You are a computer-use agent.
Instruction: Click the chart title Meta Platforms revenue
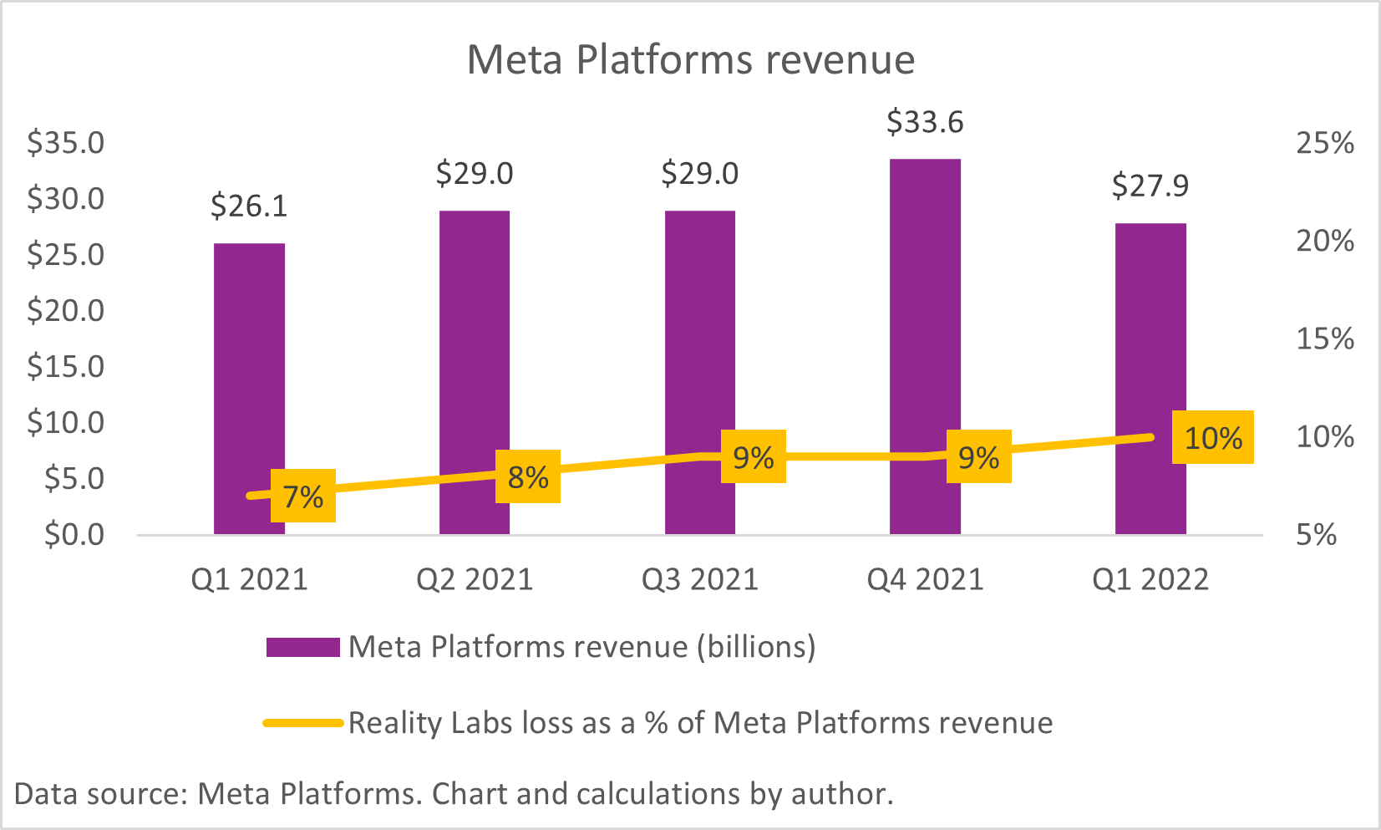point(690,60)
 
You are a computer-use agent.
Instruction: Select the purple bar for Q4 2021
point(925,334)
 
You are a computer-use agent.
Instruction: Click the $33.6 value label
point(925,123)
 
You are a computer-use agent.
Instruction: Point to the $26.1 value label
point(249,206)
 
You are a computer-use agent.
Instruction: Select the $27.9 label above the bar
point(1150,186)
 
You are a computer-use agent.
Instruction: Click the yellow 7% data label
point(303,496)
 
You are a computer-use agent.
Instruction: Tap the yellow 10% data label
point(1213,437)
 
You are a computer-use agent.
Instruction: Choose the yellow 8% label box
point(528,477)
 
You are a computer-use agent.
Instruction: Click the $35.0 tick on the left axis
point(66,143)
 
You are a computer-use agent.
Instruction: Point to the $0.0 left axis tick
point(74,534)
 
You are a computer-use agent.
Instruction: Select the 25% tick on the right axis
point(1325,143)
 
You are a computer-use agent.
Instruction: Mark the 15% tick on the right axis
point(1325,339)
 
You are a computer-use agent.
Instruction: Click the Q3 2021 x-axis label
point(700,579)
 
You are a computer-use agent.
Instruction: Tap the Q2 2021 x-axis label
point(475,579)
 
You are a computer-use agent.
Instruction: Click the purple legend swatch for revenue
point(302,647)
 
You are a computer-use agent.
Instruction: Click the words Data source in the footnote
point(100,793)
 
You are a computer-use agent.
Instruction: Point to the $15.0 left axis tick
point(66,366)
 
